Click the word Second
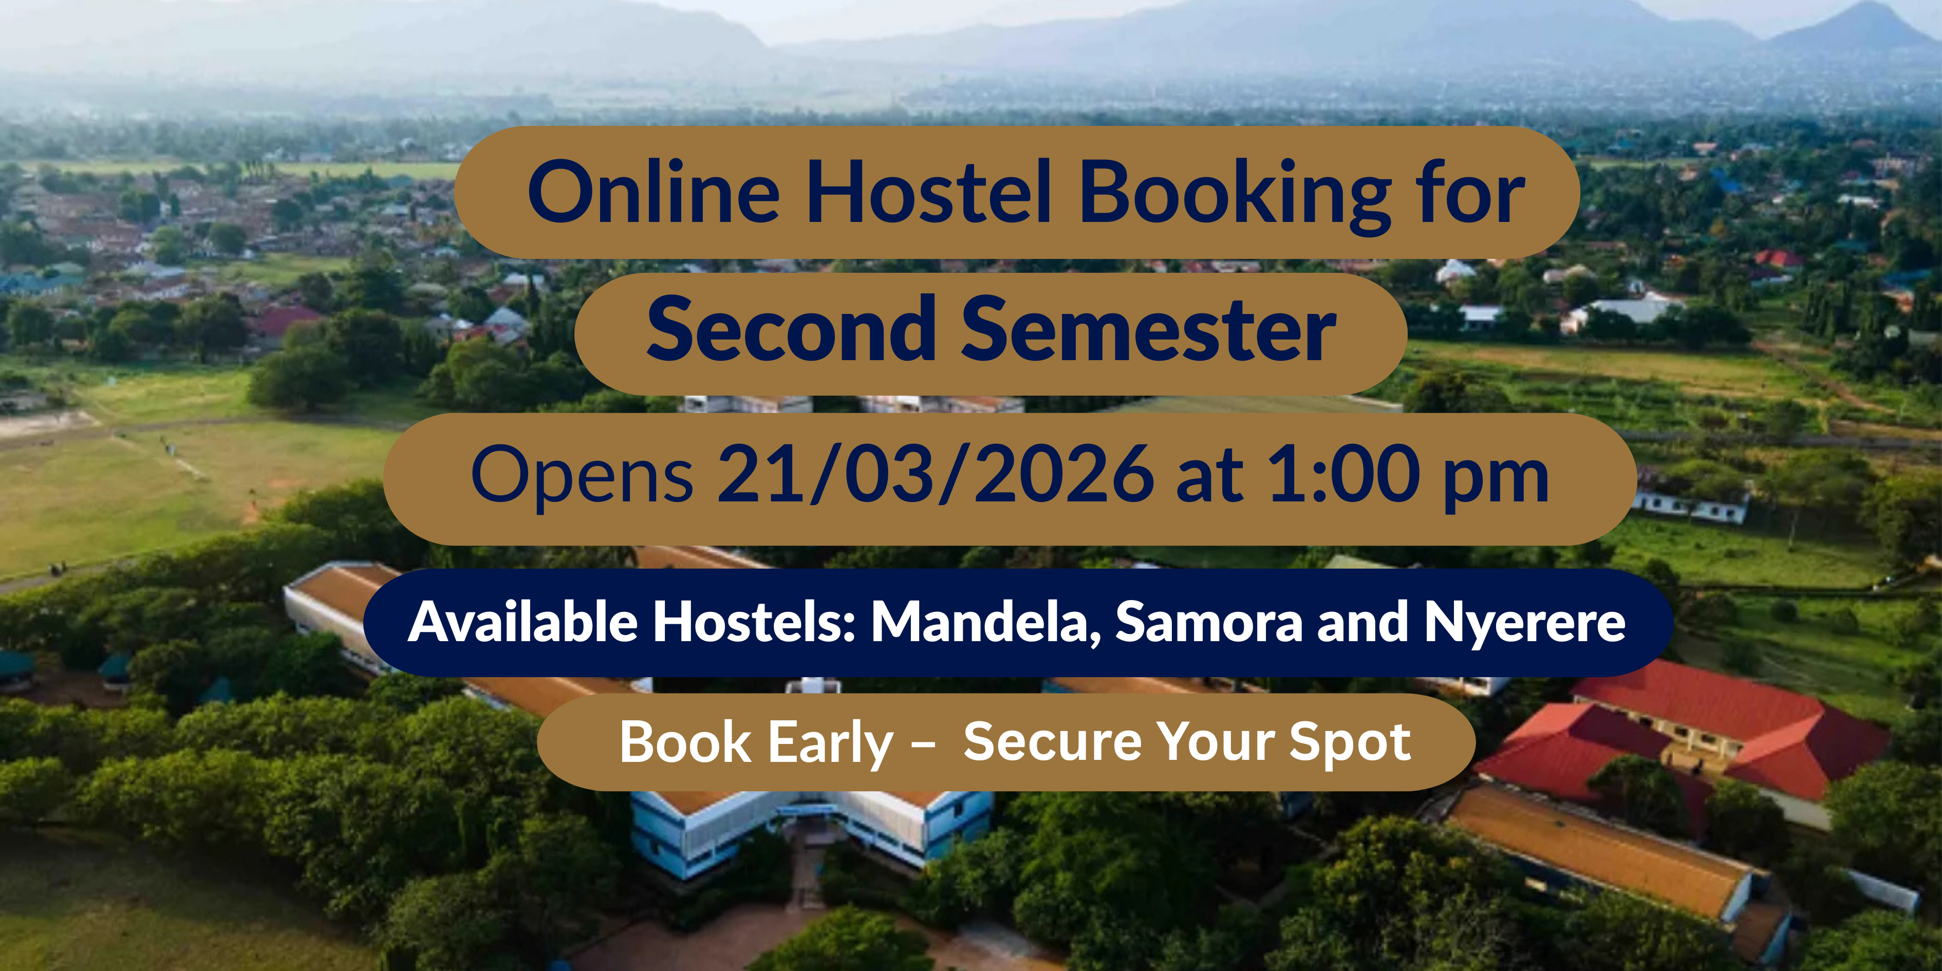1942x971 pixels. [791, 329]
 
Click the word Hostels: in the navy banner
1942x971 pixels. [754, 622]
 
